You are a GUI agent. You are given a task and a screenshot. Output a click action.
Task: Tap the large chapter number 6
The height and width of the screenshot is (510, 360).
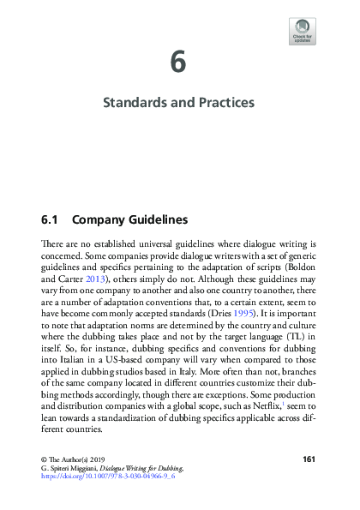pos(178,63)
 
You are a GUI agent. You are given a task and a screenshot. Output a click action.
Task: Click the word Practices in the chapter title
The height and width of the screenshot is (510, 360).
pos(222,103)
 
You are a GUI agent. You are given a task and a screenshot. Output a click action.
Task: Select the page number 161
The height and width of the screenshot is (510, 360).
pos(310,459)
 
